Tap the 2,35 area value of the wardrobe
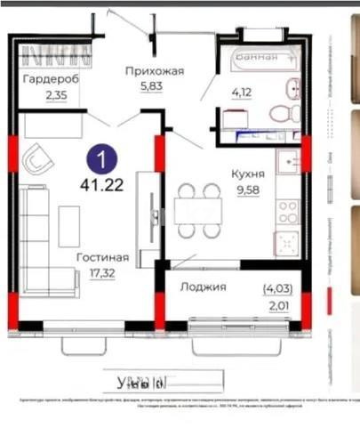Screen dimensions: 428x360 tap(56, 95)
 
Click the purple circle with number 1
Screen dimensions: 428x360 tap(103, 161)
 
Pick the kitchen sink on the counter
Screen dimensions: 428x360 tap(289, 162)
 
